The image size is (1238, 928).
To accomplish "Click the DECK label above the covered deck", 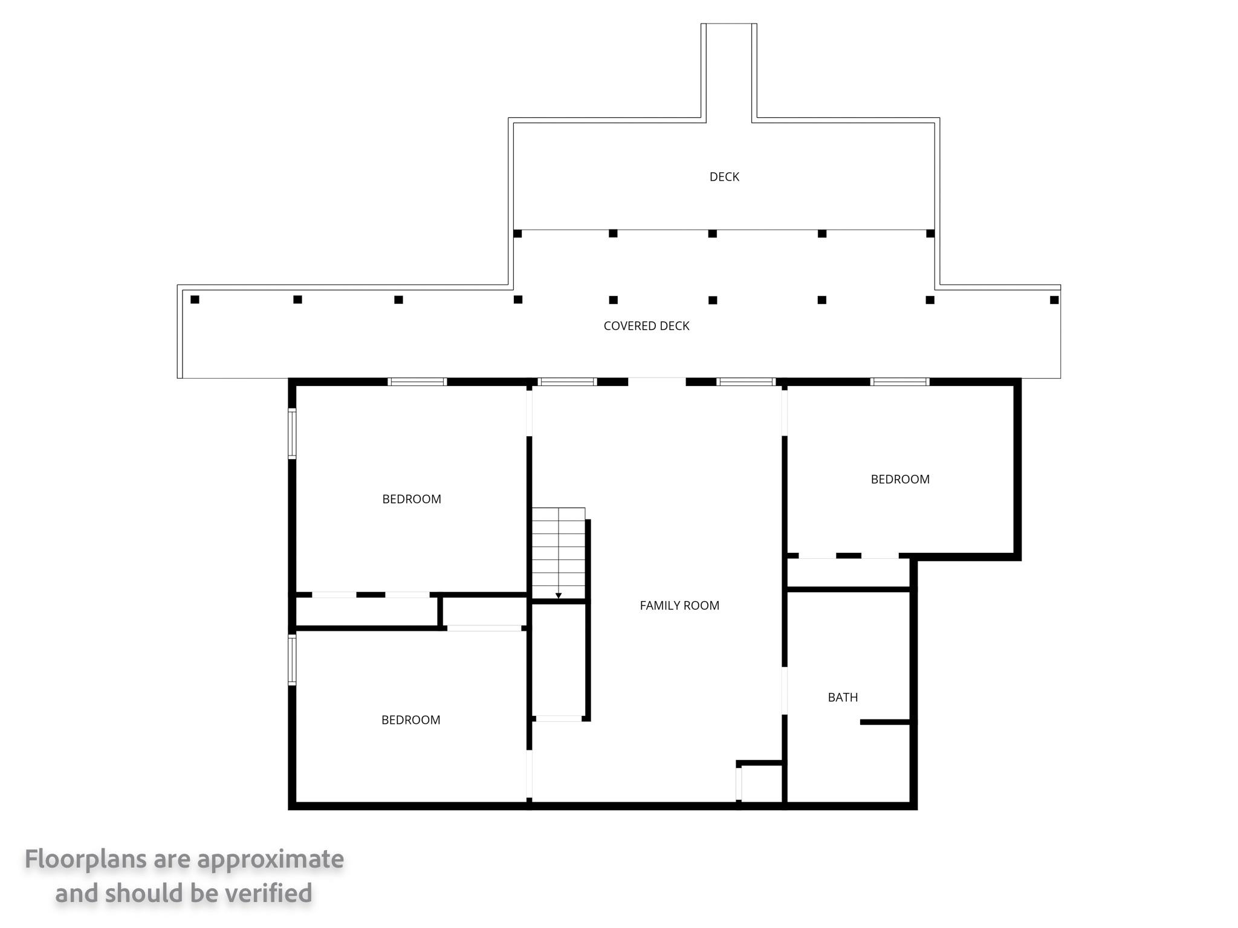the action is click(724, 176).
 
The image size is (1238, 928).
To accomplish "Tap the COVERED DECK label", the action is click(646, 326).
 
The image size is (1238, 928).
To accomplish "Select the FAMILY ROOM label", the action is click(679, 605).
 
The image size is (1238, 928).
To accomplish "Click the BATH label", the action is click(843, 697).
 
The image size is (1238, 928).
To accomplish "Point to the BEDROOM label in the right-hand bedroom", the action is click(900, 479).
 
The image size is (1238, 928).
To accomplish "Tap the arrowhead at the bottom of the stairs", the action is click(559, 596).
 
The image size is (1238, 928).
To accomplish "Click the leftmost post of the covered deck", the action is click(195, 299).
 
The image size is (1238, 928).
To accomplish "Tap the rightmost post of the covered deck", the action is click(1054, 300).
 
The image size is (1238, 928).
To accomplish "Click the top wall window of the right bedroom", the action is click(899, 382).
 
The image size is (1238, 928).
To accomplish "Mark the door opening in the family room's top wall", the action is click(657, 382).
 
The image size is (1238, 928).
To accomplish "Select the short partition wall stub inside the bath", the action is click(886, 722).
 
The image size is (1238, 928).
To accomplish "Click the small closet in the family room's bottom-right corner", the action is click(762, 783).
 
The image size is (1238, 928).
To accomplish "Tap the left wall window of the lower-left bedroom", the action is click(292, 659).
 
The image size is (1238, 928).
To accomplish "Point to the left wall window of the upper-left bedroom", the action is click(292, 433).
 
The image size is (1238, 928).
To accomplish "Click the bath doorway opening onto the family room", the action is click(785, 691).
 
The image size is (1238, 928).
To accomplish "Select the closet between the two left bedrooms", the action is click(366, 611).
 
